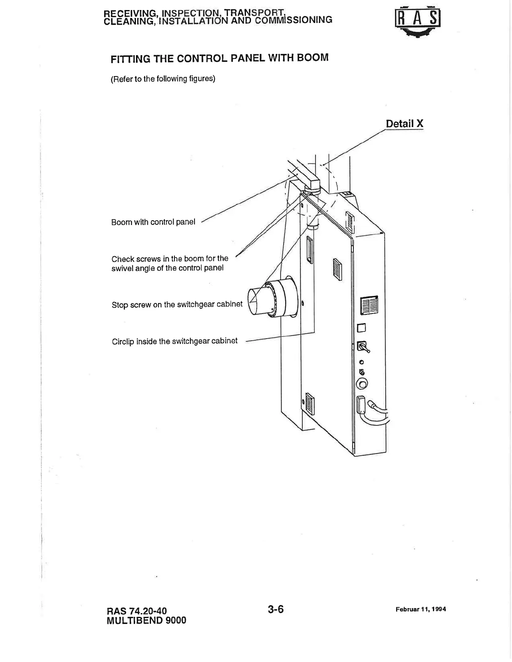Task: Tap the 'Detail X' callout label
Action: pos(404,124)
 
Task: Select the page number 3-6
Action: pos(276,609)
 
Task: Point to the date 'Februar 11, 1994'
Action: pos(420,609)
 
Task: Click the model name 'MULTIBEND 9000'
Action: pos(146,620)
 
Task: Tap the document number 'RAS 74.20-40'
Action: pos(137,611)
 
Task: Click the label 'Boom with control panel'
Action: pos(153,222)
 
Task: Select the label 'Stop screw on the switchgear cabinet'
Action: pos(177,304)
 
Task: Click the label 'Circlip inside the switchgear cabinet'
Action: pos(174,341)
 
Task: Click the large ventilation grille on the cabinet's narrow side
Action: pos(369,305)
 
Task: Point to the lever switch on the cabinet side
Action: pos(363,347)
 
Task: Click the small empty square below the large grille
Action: pos(361,328)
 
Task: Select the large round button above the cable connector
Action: pos(362,384)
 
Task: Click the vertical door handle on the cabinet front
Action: pos(309,250)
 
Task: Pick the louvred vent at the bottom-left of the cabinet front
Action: pos(310,404)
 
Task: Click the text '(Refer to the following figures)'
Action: pos(163,79)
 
